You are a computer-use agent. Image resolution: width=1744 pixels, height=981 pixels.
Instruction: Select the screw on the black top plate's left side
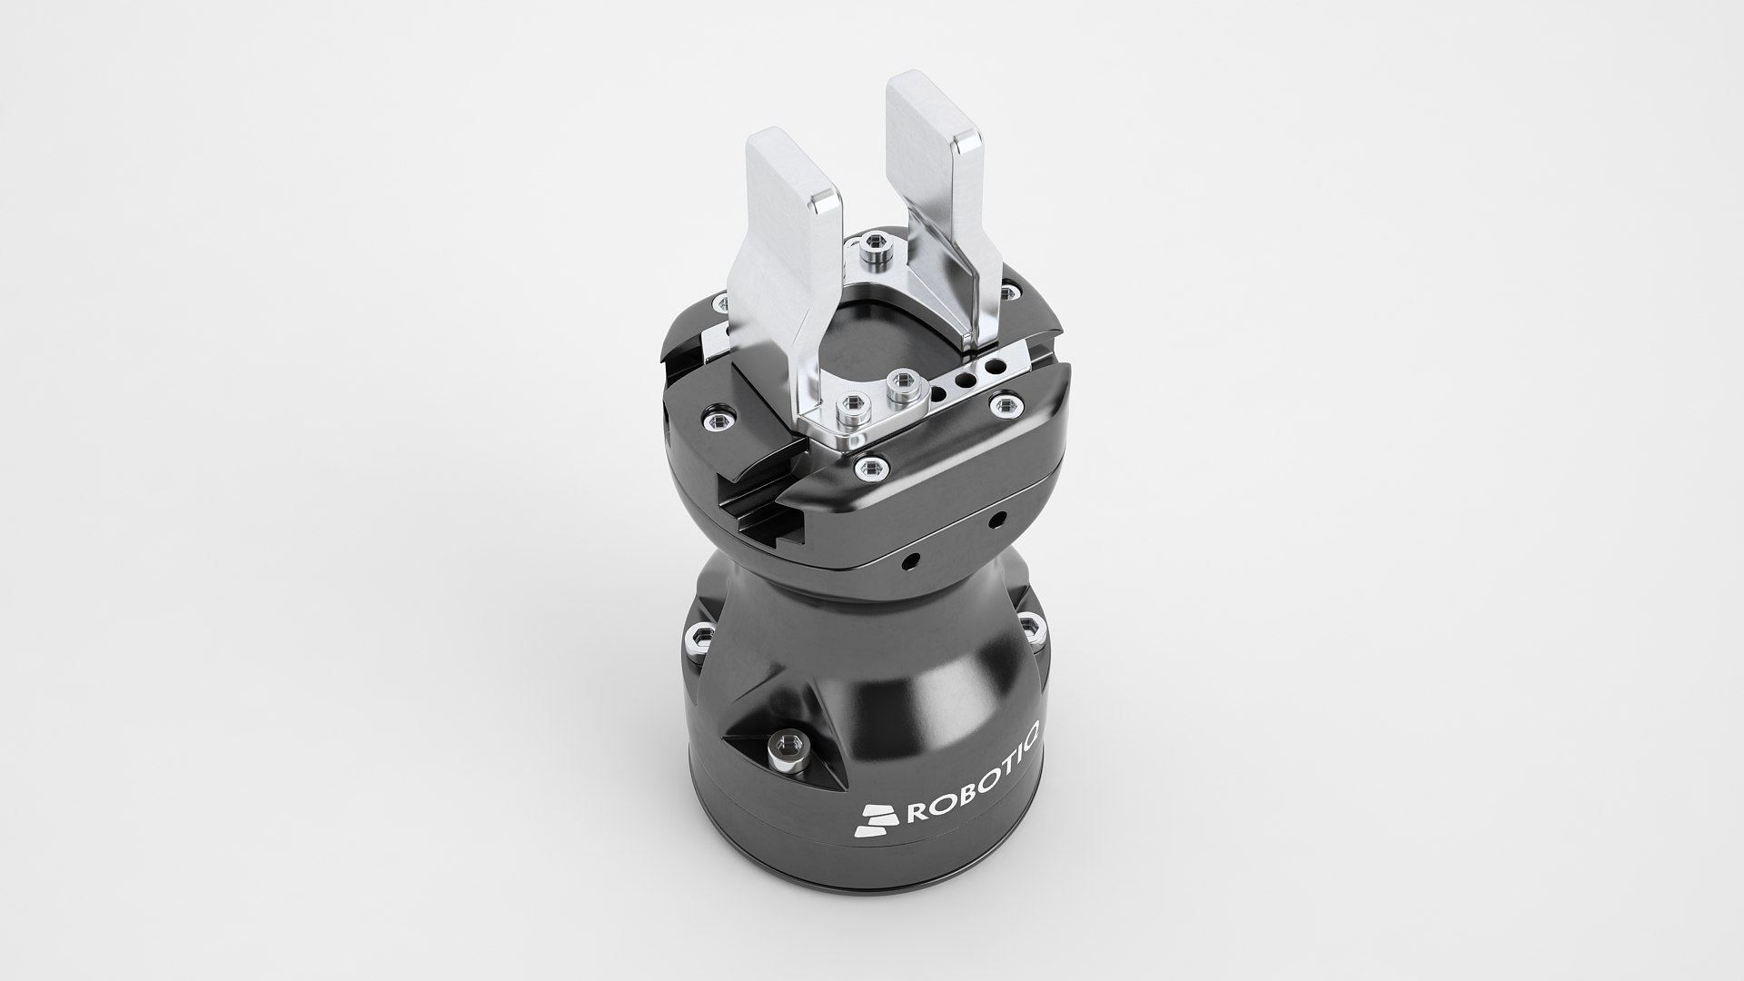click(716, 418)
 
